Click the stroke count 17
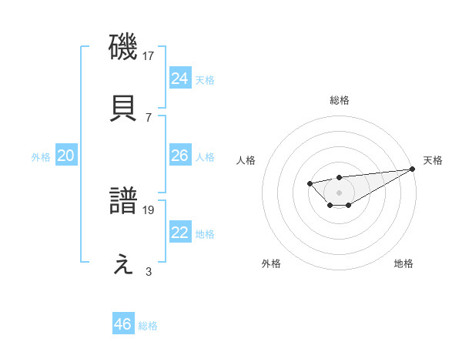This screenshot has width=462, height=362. [x=149, y=55]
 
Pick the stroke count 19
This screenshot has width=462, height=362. [x=149, y=209]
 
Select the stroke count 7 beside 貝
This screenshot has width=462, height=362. [x=149, y=117]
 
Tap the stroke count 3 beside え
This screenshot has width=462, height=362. [x=149, y=271]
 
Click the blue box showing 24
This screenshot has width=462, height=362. [x=180, y=78]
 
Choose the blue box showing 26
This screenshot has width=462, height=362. [x=180, y=156]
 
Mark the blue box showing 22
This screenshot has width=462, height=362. [x=180, y=233]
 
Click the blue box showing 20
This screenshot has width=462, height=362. [x=66, y=156]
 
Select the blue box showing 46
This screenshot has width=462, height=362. [x=123, y=324]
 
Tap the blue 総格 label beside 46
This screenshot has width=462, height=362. [x=148, y=326]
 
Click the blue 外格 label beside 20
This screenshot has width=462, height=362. [x=41, y=157]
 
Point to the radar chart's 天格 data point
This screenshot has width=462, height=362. [x=413, y=169]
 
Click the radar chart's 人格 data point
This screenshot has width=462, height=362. [x=309, y=183]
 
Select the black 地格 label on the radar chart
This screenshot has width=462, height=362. [x=403, y=263]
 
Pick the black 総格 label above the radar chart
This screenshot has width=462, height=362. [x=340, y=100]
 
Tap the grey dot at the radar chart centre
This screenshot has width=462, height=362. [x=339, y=192]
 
